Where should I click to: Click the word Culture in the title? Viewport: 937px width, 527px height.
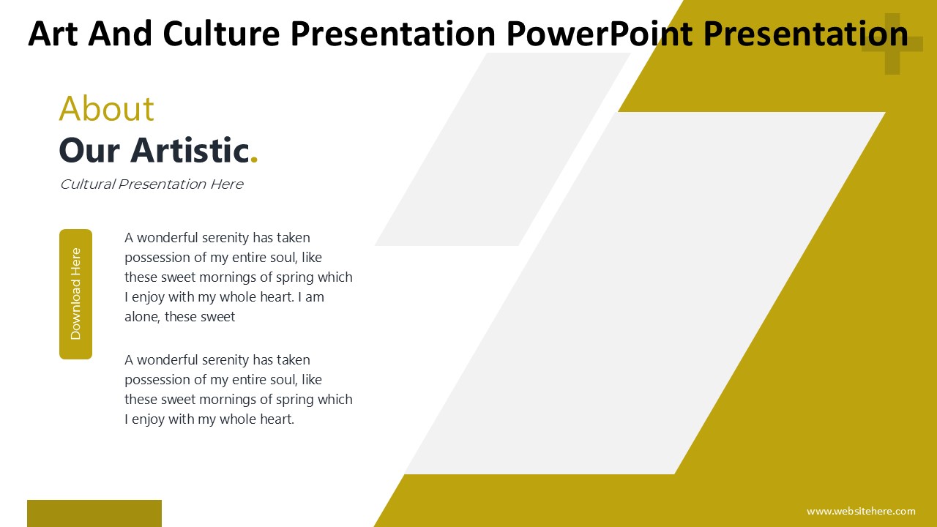[221, 34]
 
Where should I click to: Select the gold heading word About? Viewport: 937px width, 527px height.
[107, 108]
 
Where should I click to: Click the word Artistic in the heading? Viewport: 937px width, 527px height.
[190, 150]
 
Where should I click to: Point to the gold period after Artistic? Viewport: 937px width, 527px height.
[254, 159]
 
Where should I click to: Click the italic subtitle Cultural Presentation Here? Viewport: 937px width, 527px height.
[152, 184]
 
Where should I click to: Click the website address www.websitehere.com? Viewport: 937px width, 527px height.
[861, 511]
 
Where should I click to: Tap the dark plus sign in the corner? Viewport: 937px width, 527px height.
[892, 44]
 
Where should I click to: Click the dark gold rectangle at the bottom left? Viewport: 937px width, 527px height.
[94, 513]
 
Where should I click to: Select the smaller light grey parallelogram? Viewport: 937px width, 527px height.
[502, 149]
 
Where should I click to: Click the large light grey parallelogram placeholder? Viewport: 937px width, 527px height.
[645, 293]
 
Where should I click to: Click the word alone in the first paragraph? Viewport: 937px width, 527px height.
[142, 317]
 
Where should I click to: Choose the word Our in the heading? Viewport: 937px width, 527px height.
[89, 150]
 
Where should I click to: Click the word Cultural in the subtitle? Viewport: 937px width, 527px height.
[87, 184]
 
